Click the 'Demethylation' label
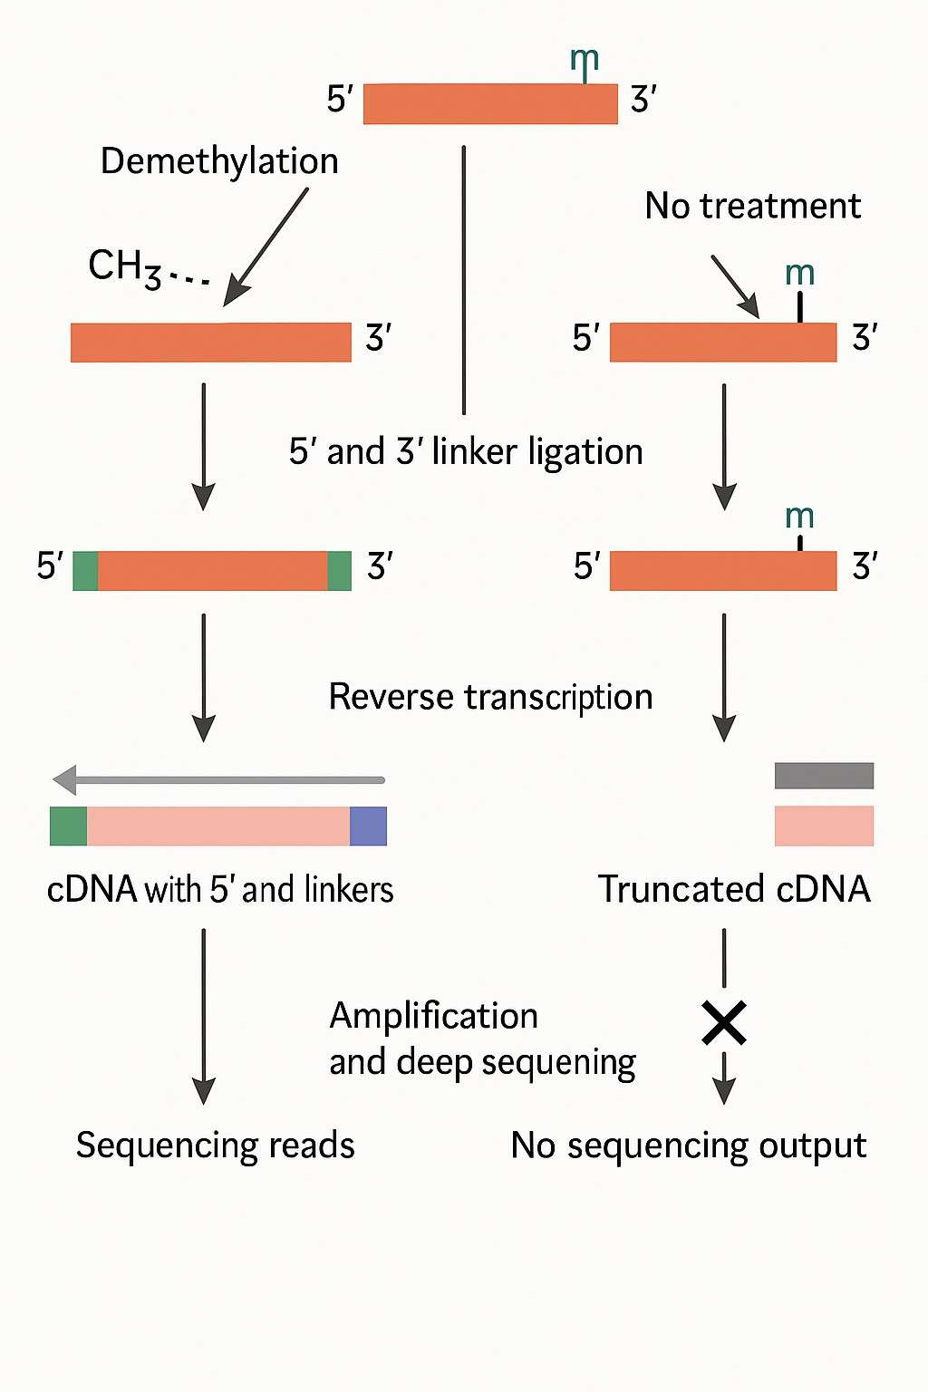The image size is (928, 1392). click(x=219, y=161)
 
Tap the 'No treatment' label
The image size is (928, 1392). click(x=752, y=207)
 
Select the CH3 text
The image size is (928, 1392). click(x=124, y=267)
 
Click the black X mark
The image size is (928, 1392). click(x=724, y=1023)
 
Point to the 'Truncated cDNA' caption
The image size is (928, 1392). click(x=734, y=889)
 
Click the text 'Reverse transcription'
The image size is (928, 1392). click(x=490, y=697)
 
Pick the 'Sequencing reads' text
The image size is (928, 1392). click(x=216, y=1145)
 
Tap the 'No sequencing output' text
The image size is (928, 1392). click(x=689, y=1145)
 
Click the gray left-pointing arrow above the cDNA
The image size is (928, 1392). click(x=218, y=779)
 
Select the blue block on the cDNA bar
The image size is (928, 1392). click(x=368, y=826)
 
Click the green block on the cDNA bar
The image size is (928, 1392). click(x=69, y=826)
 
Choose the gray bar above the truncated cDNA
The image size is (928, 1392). click(x=824, y=776)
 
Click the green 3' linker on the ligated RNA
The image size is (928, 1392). click(x=339, y=571)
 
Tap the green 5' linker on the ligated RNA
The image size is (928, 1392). click(x=85, y=571)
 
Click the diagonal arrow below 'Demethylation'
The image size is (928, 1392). click(x=266, y=246)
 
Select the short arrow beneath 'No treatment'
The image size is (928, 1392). click(x=735, y=286)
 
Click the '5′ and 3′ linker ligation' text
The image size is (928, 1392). click(x=466, y=451)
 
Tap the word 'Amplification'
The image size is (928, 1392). click(x=433, y=1016)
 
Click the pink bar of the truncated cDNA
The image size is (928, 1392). click(x=824, y=826)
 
